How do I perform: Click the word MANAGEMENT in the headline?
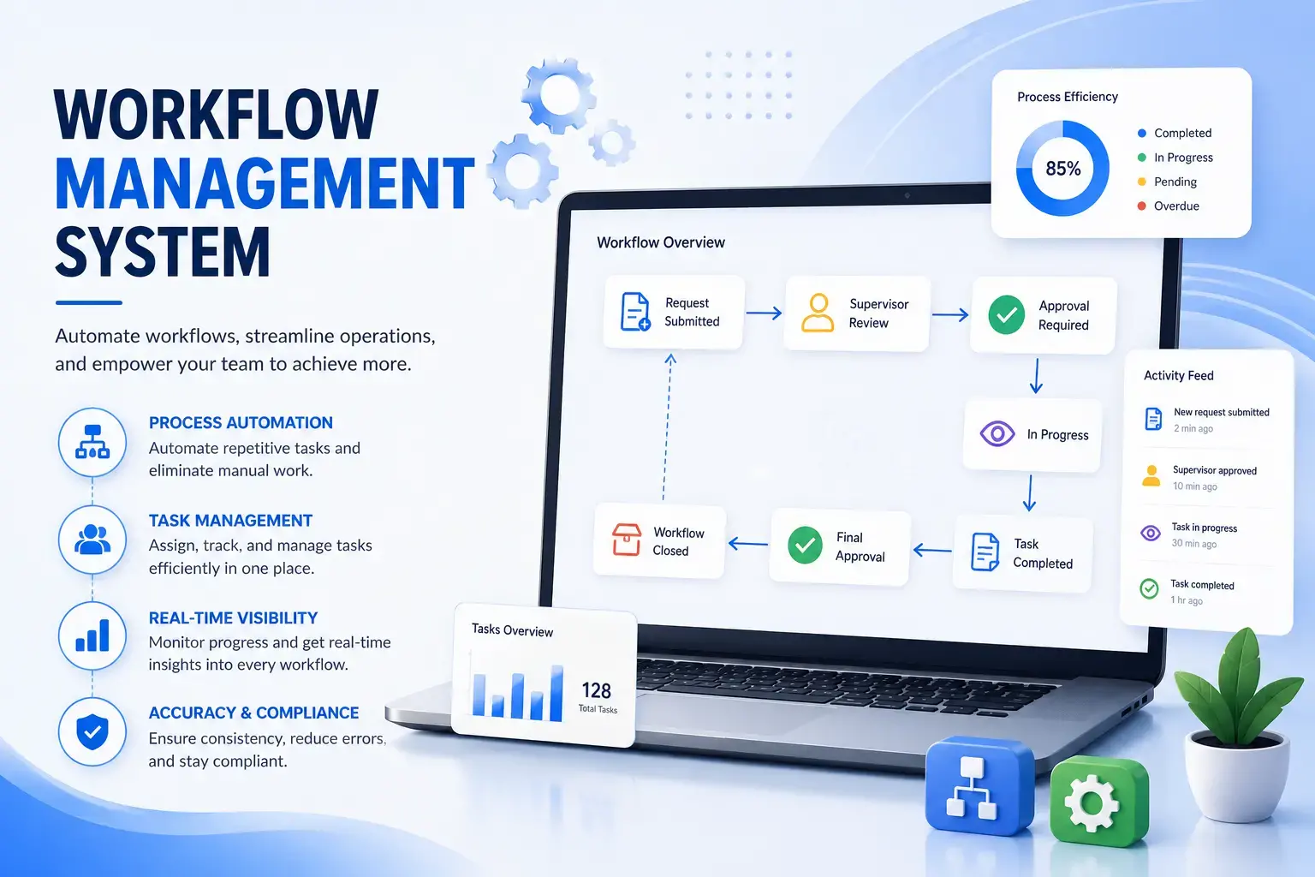(x=265, y=183)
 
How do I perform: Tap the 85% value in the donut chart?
(x=1063, y=170)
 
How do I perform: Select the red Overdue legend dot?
(x=1142, y=206)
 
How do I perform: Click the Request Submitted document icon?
(x=635, y=312)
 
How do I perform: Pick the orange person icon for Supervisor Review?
(x=818, y=313)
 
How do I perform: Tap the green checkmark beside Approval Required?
(x=1006, y=315)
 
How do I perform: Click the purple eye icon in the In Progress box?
(x=997, y=434)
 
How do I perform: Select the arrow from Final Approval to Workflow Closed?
(x=748, y=543)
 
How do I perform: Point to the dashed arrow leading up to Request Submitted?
(x=668, y=427)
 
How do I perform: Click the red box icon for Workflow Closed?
(x=627, y=540)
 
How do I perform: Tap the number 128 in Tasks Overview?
(x=597, y=690)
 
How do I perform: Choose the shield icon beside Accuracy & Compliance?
(x=92, y=732)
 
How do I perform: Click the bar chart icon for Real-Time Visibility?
(x=92, y=635)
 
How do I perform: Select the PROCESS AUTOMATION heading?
(x=241, y=422)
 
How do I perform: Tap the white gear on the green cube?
(x=1092, y=803)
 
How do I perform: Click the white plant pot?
(x=1236, y=773)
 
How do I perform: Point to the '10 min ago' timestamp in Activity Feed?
(x=1194, y=486)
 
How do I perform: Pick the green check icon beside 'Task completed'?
(x=1149, y=588)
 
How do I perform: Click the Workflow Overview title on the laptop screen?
(x=661, y=242)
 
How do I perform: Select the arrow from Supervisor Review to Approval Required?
(x=950, y=315)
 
